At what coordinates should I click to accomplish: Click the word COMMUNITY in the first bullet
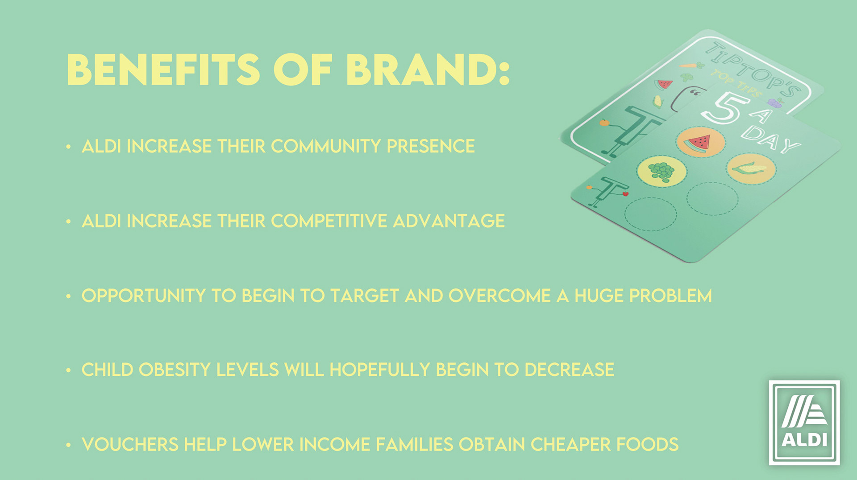click(325, 146)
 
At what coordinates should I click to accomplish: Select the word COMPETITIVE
click(329, 221)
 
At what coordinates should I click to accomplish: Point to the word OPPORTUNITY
click(143, 296)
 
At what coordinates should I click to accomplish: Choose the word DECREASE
click(569, 370)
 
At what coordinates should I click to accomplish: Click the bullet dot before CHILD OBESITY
click(68, 370)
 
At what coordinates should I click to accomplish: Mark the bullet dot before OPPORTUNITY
click(68, 296)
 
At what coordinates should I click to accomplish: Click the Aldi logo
click(804, 423)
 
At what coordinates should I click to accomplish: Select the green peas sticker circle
click(661, 171)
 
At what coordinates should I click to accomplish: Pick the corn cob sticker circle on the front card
click(752, 168)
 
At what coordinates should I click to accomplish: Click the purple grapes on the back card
click(777, 103)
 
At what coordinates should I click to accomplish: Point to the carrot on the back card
click(691, 66)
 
